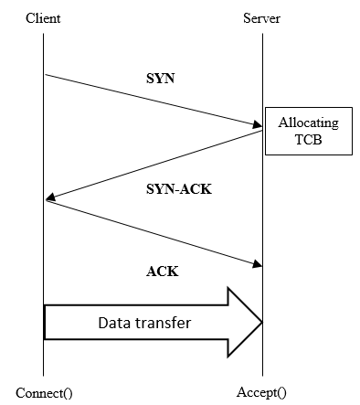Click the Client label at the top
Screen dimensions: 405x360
click(43, 18)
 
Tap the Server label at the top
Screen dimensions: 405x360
click(262, 18)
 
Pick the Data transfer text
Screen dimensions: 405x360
click(143, 323)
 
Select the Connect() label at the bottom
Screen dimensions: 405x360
click(44, 392)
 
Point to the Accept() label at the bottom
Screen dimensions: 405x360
click(262, 392)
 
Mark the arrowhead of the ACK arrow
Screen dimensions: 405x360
click(259, 265)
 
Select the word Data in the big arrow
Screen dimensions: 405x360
click(115, 323)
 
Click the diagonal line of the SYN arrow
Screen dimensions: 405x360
click(151, 100)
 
